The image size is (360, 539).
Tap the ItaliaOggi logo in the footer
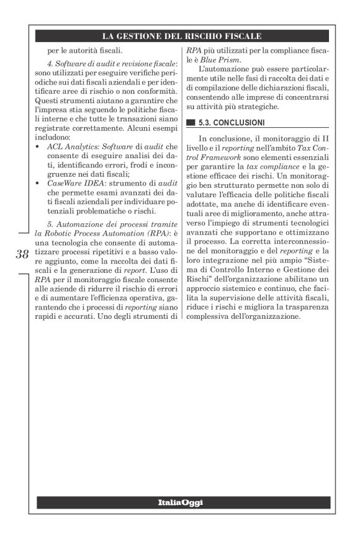(180, 502)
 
